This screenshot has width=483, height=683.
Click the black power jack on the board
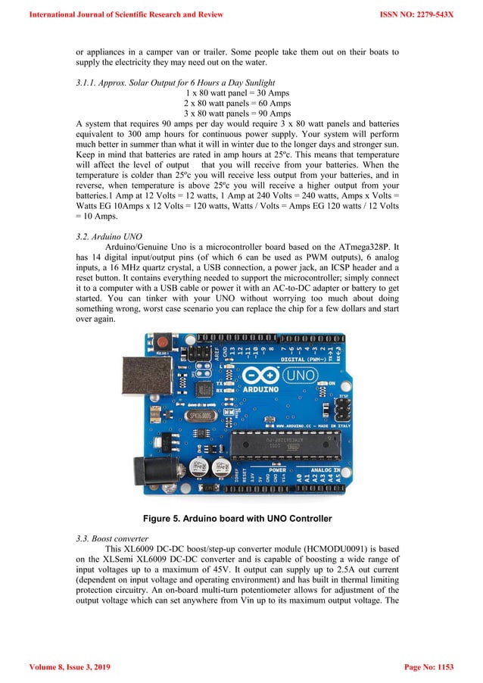[149, 470]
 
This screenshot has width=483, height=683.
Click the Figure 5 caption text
[241, 518]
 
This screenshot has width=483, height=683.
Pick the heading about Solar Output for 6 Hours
[176, 82]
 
